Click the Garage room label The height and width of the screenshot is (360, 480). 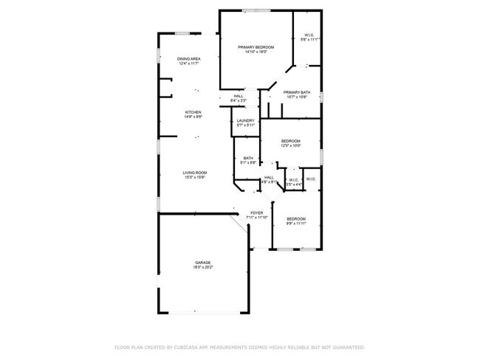203,263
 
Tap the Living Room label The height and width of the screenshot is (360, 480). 195,173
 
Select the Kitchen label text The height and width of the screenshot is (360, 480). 193,112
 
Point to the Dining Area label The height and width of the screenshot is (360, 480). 189,59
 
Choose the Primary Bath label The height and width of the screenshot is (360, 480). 297,92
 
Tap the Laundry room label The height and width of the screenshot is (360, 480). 246,120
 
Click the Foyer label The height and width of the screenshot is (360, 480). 256,213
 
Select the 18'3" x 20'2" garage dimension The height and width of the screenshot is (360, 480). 203,268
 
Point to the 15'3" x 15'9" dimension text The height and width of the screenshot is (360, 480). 195,178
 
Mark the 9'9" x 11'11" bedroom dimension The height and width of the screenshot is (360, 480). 296,224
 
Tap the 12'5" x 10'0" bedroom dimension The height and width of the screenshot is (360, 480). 290,146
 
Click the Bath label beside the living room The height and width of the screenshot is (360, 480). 248,158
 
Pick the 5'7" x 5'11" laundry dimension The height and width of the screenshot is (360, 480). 246,125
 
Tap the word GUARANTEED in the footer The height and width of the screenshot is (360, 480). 348,347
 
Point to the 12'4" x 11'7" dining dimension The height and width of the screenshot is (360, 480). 189,64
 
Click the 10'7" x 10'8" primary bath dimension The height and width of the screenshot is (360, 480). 297,97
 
